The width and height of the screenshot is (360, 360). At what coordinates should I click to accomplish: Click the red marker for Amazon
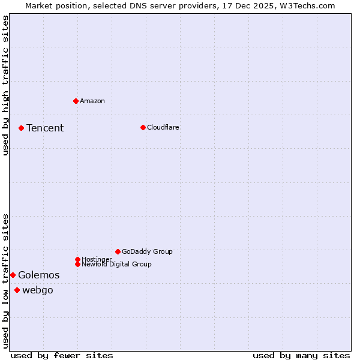click(x=76, y=101)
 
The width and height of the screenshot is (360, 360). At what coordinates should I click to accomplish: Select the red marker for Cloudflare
click(x=143, y=127)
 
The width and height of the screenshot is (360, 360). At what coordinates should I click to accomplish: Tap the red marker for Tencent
click(x=21, y=128)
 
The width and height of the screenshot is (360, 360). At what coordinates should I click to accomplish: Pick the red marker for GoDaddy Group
click(x=118, y=251)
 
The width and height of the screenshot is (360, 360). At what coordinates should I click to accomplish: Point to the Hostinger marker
click(x=77, y=259)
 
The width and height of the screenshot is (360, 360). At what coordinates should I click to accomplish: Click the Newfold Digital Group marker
click(x=77, y=264)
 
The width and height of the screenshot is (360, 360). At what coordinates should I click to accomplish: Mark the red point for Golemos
click(x=13, y=275)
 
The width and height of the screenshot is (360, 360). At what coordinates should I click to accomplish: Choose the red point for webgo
click(x=17, y=290)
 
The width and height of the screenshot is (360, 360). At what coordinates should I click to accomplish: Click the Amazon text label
click(x=92, y=101)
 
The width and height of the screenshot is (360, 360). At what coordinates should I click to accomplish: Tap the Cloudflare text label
click(x=163, y=127)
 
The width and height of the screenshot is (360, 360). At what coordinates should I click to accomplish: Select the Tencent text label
click(x=45, y=128)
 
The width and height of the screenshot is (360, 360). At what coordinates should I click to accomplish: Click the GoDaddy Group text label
click(x=147, y=251)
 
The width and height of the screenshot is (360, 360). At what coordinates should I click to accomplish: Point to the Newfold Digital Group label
click(x=117, y=264)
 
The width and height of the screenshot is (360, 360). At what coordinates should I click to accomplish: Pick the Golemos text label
click(x=39, y=275)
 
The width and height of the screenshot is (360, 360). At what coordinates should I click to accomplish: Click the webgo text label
click(x=38, y=290)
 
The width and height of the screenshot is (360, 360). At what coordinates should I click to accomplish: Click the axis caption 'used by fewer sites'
click(x=62, y=355)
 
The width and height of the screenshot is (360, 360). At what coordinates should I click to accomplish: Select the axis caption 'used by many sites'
click(x=301, y=355)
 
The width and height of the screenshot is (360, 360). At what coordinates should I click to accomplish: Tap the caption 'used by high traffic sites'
click(x=6, y=85)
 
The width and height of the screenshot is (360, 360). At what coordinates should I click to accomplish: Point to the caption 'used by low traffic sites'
click(x=6, y=281)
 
